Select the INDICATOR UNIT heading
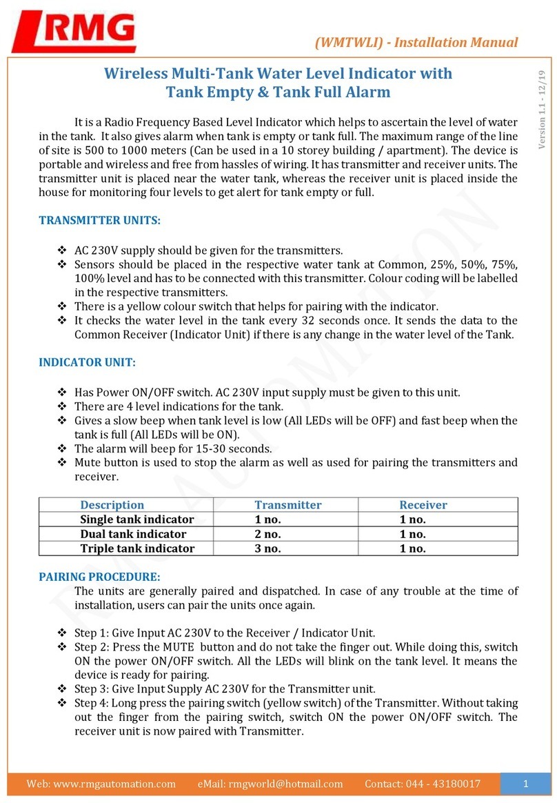point(87,362)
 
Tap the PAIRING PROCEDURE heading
point(99,575)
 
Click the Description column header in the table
point(112,505)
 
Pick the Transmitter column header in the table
point(287,505)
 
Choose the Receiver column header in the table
point(423,505)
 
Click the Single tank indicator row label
point(137,519)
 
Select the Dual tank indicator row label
point(133,534)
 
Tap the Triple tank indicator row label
point(137,548)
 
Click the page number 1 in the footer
point(525,784)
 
